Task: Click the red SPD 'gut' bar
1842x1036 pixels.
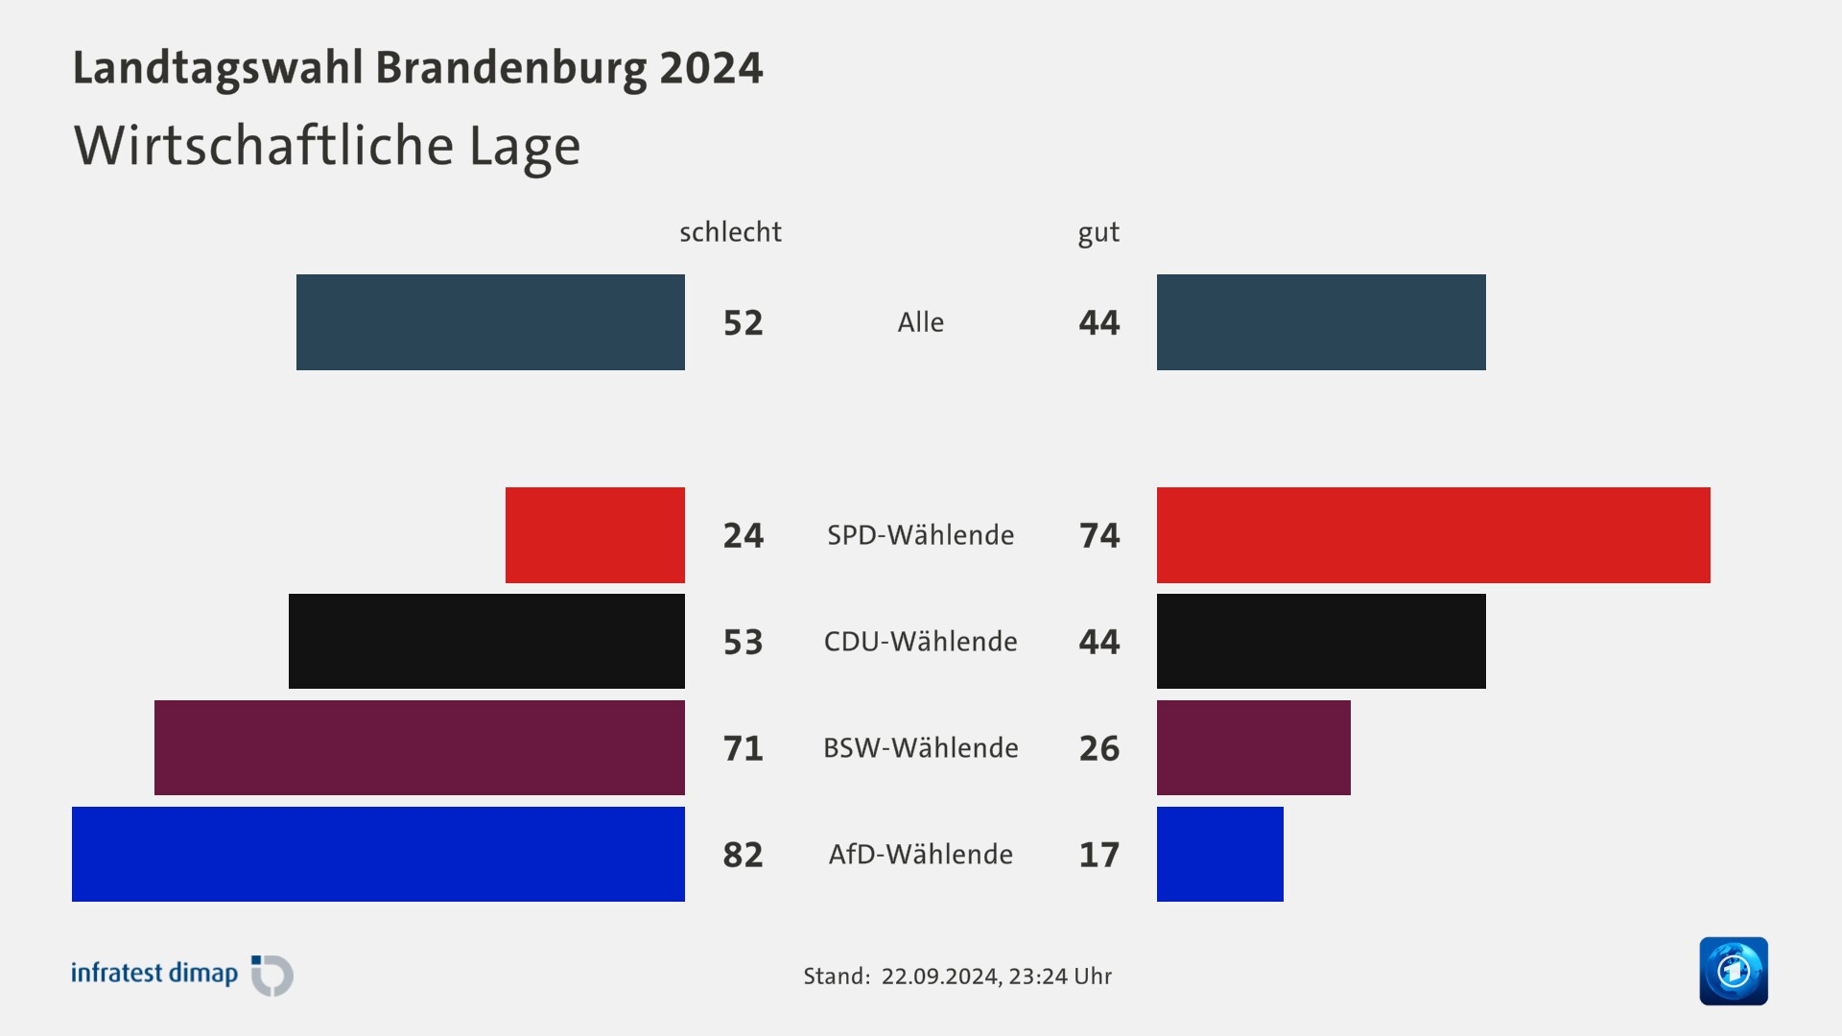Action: [1433, 535]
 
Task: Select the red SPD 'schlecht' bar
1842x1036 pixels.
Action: [595, 535]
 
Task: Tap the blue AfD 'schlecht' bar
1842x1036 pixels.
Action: [378, 854]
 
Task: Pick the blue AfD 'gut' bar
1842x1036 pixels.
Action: [1219, 854]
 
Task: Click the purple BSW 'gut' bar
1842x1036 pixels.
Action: [1253, 747]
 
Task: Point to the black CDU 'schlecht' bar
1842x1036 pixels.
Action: [486, 641]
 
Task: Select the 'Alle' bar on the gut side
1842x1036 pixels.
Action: [1321, 322]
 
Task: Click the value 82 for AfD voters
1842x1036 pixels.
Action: [744, 855]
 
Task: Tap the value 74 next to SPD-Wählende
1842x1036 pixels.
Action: [1099, 535]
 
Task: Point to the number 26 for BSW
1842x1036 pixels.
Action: [1099, 748]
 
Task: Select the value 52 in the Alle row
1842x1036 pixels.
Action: [744, 323]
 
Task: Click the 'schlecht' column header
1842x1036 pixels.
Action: [730, 232]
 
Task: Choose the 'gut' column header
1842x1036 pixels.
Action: [1098, 233]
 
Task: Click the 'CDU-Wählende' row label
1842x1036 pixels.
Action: [920, 641]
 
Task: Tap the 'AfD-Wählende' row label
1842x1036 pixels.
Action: [920, 854]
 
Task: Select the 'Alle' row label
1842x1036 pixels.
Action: [920, 322]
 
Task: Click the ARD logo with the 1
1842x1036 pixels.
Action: [1733, 971]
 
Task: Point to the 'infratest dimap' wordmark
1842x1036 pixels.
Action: [154, 974]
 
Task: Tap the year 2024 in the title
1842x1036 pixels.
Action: [711, 68]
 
